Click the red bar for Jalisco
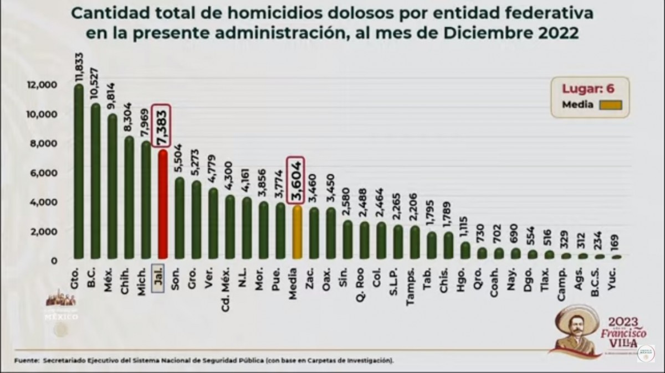click(x=162, y=205)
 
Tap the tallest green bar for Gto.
click(x=79, y=172)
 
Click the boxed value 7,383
click(x=162, y=126)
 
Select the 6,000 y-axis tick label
click(x=43, y=172)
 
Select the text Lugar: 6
click(x=588, y=87)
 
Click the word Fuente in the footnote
click(x=25, y=360)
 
